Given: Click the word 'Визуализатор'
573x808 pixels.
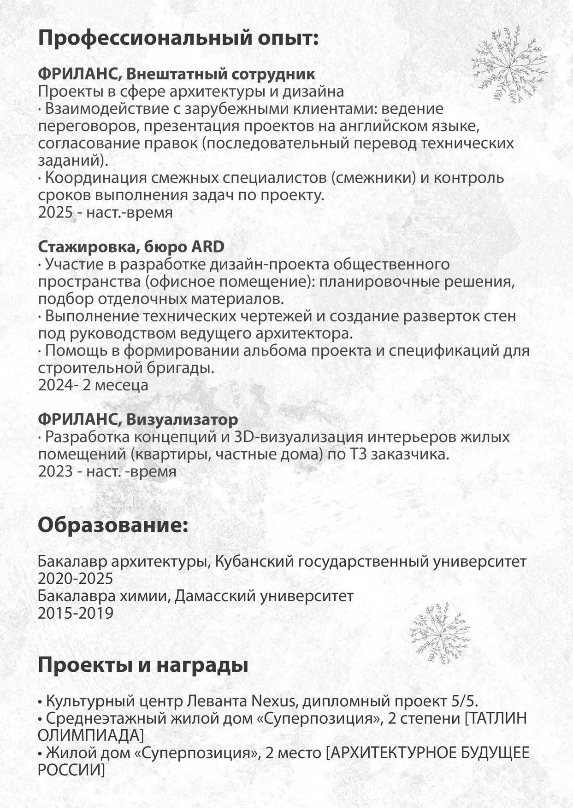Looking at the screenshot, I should (182, 419).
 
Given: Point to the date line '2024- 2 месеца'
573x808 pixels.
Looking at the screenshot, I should (93, 385).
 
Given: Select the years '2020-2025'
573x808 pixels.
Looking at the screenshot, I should (76, 578).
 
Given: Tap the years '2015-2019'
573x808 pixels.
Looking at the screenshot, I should (76, 613).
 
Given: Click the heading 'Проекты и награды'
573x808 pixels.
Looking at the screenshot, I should (143, 665).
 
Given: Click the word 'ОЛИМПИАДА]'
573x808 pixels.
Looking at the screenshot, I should (91, 735).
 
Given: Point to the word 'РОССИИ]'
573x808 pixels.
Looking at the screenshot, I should (71, 770).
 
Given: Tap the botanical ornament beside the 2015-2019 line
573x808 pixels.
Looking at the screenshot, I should (440, 633).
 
